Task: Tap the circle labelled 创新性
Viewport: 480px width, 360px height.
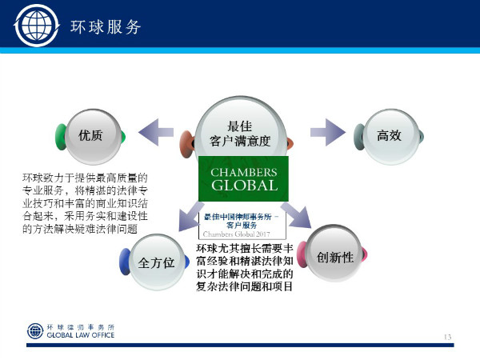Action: [x=335, y=258]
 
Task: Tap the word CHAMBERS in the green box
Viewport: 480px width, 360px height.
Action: [x=243, y=173]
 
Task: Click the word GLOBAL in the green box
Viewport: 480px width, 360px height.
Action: [x=243, y=186]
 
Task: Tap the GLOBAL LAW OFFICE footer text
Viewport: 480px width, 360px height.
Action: [x=81, y=335]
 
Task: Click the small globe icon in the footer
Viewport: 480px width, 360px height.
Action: [x=36, y=330]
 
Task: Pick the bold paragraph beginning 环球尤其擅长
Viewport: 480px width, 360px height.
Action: [x=245, y=267]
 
